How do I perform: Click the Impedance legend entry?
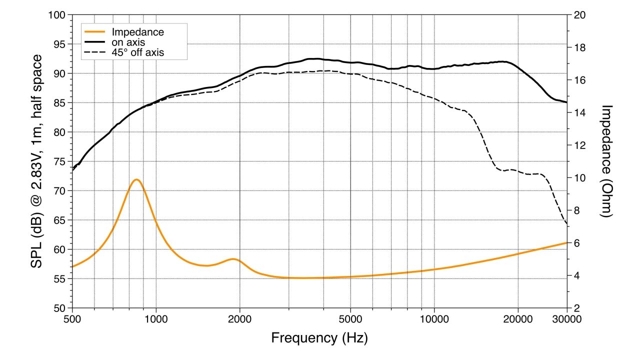(137, 32)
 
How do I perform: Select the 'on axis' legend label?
(128, 42)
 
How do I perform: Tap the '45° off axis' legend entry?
(137, 51)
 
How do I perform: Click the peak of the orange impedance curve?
(135, 179)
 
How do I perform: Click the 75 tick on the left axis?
(61, 161)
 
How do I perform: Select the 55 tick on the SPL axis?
(61, 279)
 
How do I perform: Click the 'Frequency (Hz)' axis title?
(319, 338)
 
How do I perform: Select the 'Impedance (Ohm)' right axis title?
(606, 161)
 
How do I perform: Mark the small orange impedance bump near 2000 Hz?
(233, 259)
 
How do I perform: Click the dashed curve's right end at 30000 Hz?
(566, 224)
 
